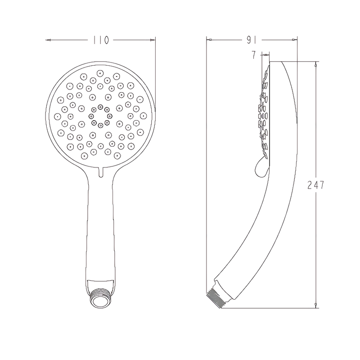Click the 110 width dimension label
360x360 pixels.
pos(100,40)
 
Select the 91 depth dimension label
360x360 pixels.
pos(252,40)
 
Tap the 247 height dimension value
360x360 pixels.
pos(316,185)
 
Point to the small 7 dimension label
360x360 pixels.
pos(253,55)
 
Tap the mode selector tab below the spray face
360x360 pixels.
pos(100,172)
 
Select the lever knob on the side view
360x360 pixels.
pos(261,168)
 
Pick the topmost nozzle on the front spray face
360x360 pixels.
pos(100,73)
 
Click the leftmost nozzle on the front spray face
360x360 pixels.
pos(57,117)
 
